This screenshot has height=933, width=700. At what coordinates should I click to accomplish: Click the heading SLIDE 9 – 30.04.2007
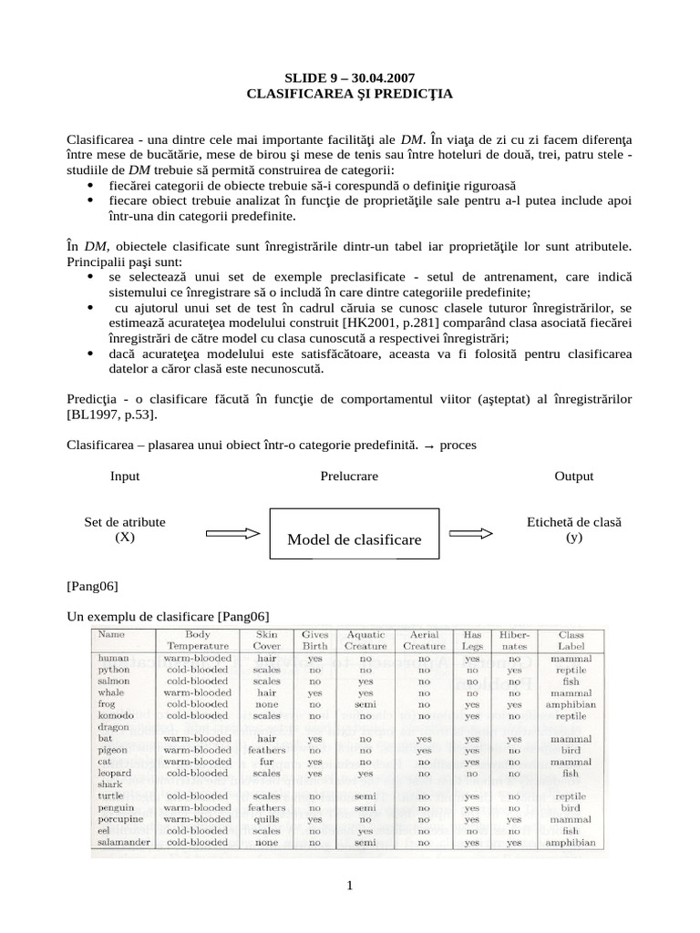pyautogui.click(x=350, y=77)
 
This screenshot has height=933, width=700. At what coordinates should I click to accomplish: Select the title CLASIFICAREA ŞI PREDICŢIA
pyautogui.click(x=350, y=93)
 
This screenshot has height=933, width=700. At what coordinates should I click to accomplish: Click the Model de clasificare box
pyautogui.click(x=355, y=539)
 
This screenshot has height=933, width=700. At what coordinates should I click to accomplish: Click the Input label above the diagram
pyautogui.click(x=125, y=477)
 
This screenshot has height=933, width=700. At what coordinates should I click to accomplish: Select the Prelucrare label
pyautogui.click(x=349, y=477)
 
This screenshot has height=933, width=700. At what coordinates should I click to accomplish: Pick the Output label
pyautogui.click(x=573, y=477)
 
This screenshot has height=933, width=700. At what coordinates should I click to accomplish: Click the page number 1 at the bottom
pyautogui.click(x=349, y=888)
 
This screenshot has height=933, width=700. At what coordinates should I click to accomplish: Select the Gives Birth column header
pyautogui.click(x=314, y=639)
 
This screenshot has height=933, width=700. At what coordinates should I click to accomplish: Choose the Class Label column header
pyautogui.click(x=571, y=639)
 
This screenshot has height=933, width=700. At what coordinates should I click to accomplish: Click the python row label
pyautogui.click(x=115, y=670)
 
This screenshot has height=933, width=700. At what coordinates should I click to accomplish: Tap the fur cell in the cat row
pyautogui.click(x=266, y=762)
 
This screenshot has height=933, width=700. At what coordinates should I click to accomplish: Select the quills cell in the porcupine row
pyautogui.click(x=266, y=819)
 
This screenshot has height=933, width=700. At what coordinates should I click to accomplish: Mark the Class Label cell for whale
pyautogui.click(x=571, y=692)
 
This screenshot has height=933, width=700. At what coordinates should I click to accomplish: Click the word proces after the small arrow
pyautogui.click(x=458, y=446)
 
